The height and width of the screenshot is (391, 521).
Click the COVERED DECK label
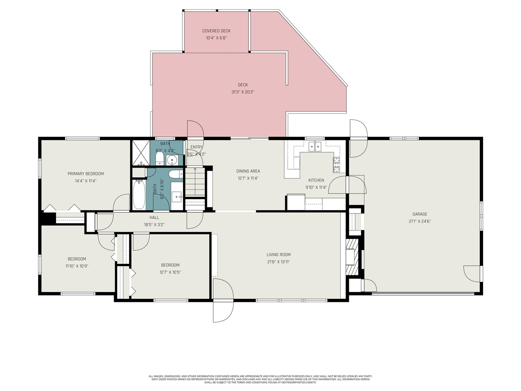click(x=216, y=31)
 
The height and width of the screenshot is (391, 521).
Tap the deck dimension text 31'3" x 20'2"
click(x=243, y=92)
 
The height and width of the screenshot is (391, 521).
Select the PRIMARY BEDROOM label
click(x=85, y=174)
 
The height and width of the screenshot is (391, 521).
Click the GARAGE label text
click(x=420, y=214)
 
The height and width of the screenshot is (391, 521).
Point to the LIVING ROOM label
click(x=278, y=255)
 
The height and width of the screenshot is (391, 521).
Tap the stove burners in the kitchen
click(x=337, y=165)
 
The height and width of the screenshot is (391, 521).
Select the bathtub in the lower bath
click(x=139, y=195)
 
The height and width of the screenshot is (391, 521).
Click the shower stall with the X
click(x=140, y=153)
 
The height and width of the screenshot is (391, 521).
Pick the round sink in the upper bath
click(x=172, y=159)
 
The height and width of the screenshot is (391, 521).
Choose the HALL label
click(x=154, y=217)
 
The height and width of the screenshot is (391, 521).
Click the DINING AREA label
click(x=248, y=171)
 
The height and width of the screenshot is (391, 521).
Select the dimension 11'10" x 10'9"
click(x=77, y=266)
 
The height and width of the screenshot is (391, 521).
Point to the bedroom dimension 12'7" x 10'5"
click(x=170, y=272)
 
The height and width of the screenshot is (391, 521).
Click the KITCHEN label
click(x=316, y=180)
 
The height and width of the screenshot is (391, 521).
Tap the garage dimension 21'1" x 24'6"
click(x=420, y=222)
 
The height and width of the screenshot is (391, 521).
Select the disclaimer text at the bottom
click(x=260, y=379)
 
